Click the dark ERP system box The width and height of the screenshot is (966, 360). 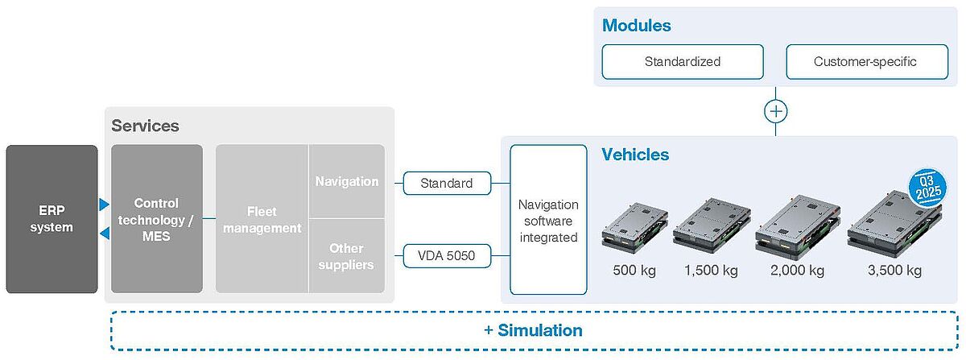click(x=52, y=219)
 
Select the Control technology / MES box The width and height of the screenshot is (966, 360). click(x=157, y=219)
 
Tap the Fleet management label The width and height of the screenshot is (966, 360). click(x=262, y=219)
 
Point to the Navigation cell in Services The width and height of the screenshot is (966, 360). click(x=347, y=181)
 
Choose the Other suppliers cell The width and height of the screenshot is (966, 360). click(x=347, y=256)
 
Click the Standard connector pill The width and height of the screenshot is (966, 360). click(x=447, y=184)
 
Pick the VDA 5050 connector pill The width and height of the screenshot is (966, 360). click(x=448, y=257)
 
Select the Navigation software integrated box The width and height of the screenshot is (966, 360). click(x=549, y=220)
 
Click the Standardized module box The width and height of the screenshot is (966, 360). click(x=683, y=62)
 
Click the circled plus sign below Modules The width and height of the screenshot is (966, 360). click(x=775, y=110)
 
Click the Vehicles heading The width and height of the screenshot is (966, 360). click(x=635, y=154)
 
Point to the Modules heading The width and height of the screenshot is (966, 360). click(x=636, y=25)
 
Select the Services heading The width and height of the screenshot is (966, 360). click(x=145, y=126)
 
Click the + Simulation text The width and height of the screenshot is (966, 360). click(x=533, y=330)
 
